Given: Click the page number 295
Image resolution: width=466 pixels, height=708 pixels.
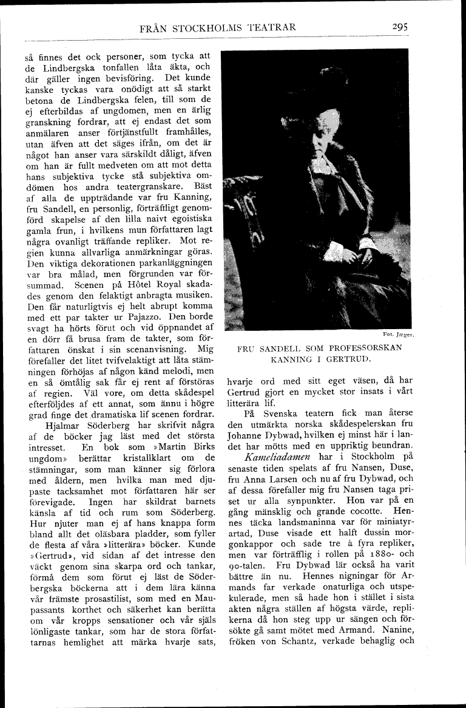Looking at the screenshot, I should (400, 27).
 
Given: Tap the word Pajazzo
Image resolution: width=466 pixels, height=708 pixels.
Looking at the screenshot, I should (153, 317).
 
